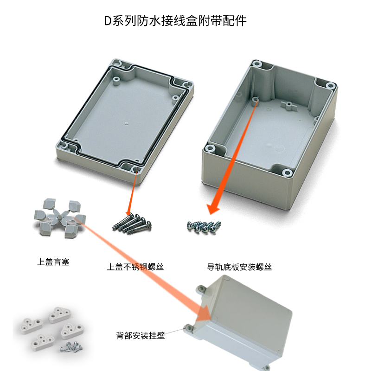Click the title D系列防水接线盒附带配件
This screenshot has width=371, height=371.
(175, 21)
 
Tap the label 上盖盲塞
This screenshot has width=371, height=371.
(53, 262)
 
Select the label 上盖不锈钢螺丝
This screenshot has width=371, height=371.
(135, 267)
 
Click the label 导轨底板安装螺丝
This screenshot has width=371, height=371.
(239, 267)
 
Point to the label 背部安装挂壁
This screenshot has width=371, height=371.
(141, 335)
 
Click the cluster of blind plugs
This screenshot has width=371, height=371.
(60, 217)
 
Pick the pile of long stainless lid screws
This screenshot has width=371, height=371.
(132, 224)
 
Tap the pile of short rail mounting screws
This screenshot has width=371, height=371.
(204, 227)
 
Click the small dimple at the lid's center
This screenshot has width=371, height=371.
(126, 123)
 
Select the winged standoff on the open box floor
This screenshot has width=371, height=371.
(289, 106)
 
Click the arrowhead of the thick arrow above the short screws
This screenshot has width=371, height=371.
(213, 209)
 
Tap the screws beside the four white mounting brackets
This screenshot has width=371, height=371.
(72, 346)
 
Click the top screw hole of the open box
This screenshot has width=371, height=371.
(256, 64)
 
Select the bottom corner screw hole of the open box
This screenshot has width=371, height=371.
(287, 173)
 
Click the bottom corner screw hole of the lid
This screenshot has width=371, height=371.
(135, 169)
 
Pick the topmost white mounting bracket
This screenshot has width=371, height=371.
(60, 314)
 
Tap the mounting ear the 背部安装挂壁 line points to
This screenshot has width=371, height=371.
(189, 328)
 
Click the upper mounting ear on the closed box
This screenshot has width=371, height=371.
(201, 288)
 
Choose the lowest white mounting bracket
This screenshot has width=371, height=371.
(42, 342)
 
